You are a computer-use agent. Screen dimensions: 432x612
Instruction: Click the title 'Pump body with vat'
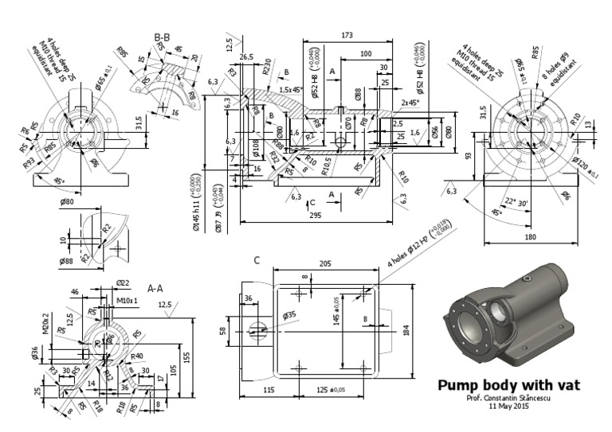tap(509, 386)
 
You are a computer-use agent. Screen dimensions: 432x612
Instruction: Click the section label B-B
tap(163, 37)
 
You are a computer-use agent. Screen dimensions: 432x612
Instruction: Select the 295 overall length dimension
tap(316, 216)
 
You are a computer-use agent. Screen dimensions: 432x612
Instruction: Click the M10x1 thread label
tap(127, 301)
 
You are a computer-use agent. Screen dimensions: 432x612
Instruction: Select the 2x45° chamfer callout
tap(410, 103)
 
